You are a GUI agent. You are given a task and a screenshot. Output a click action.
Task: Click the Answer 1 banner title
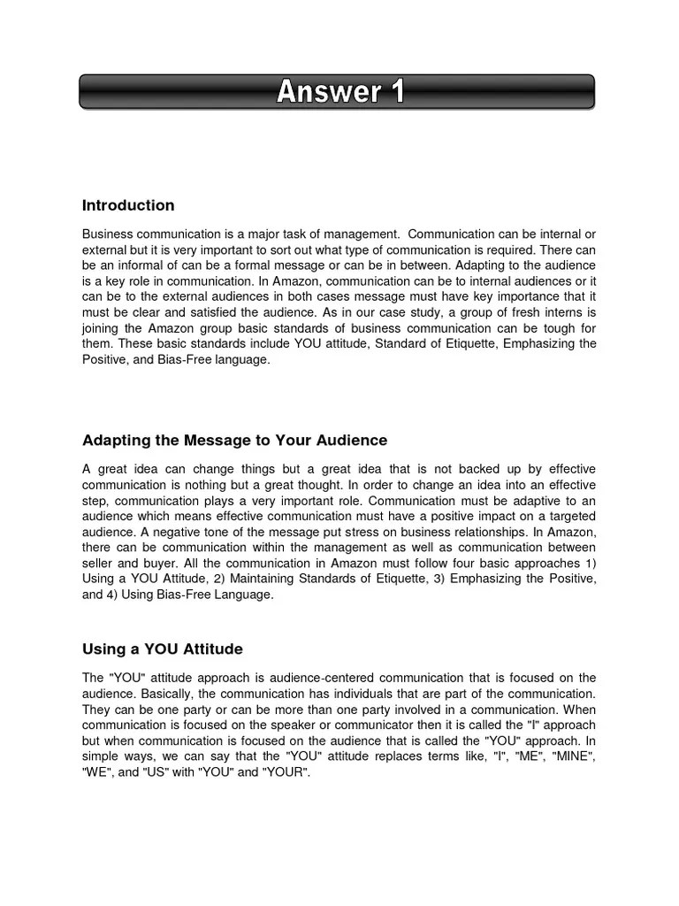[x=340, y=91]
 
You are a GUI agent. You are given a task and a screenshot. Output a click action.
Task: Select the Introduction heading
[x=128, y=206]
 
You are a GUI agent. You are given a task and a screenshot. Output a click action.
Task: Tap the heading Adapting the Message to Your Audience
[x=234, y=441]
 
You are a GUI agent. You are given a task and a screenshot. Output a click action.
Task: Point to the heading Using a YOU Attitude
[x=162, y=649]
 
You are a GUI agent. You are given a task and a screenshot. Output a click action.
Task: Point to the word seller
[x=100, y=564]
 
